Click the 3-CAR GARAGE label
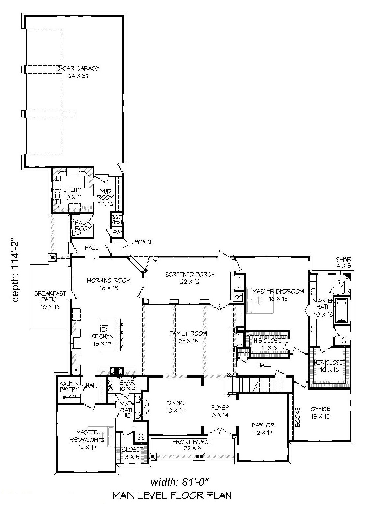[78, 72]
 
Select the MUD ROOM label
[105, 197]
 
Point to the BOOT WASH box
[117, 220]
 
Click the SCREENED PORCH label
[190, 277]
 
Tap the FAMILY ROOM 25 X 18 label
[188, 337]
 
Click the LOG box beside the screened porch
[237, 297]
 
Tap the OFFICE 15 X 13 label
[320, 413]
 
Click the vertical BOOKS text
[298, 417]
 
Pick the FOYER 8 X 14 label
[220, 411]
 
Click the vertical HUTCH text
[147, 408]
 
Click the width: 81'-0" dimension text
[180, 482]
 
